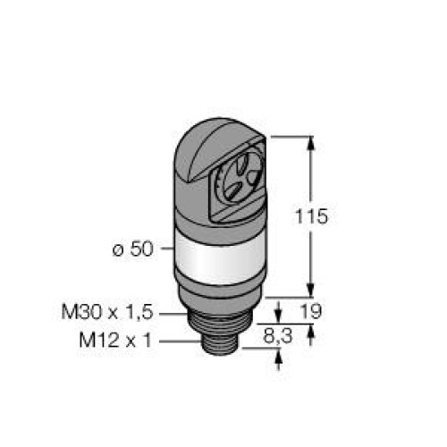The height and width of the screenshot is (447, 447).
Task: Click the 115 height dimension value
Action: click(311, 216)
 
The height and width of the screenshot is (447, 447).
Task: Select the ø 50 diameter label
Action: click(132, 249)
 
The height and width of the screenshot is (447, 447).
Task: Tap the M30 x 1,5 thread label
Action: click(107, 312)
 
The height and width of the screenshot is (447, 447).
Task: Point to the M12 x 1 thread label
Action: click(115, 340)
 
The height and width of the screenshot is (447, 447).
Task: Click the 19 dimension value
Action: click(311, 311)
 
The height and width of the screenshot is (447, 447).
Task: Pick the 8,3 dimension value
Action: click(278, 337)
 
